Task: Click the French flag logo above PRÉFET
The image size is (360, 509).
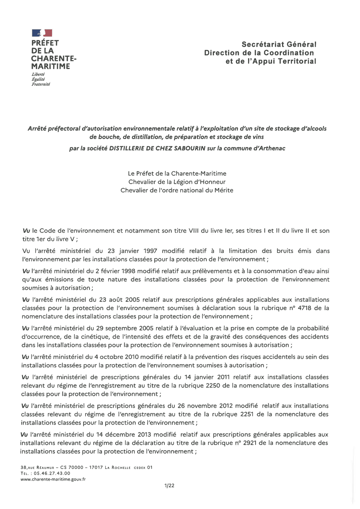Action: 42,33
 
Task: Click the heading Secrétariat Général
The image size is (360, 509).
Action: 279,44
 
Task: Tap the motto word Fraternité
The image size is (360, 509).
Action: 41,84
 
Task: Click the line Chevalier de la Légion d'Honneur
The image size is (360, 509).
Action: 177,182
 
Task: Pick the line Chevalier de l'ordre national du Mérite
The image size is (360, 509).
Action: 177,190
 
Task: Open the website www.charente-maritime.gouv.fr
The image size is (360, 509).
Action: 53,479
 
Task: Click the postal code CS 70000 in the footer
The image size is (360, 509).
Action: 72,467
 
